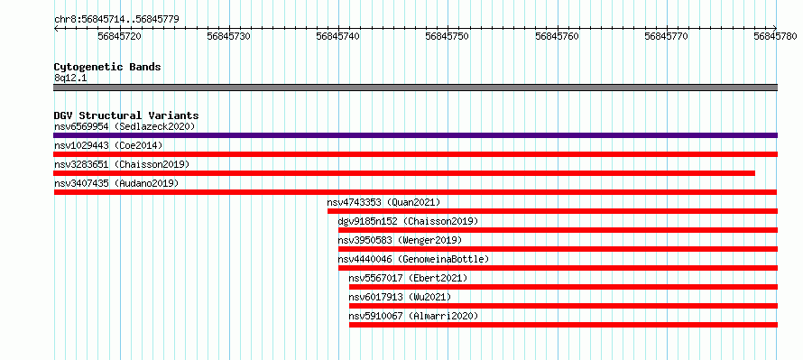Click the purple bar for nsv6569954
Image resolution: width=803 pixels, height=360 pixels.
pyautogui.click(x=415, y=135)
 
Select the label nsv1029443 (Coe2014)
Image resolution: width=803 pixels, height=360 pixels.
pyautogui.click(x=108, y=145)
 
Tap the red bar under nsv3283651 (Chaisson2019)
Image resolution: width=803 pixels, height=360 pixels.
pyautogui.click(x=404, y=173)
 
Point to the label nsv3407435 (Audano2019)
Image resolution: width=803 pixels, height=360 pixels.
pyautogui.click(x=116, y=183)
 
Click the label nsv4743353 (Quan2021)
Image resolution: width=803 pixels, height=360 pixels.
pyautogui.click(x=383, y=202)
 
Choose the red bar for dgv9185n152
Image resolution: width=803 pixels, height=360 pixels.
pyautogui.click(x=558, y=230)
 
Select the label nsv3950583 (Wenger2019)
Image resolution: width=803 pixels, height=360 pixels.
pyautogui.click(x=400, y=240)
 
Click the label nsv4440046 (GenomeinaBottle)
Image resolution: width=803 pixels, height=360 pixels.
pyautogui.click(x=413, y=259)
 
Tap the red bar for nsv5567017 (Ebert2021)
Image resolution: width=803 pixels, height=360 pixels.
pyautogui.click(x=563, y=287)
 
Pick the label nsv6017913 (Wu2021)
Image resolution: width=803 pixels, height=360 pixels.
pyautogui.click(x=400, y=297)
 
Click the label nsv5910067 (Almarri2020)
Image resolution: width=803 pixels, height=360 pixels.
pyautogui.click(x=413, y=316)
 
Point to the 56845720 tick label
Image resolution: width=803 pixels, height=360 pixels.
pyautogui.click(x=119, y=36)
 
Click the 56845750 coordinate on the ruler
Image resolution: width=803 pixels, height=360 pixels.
pyautogui.click(x=448, y=36)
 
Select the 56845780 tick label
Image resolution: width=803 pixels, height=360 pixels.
pyautogui.click(x=775, y=36)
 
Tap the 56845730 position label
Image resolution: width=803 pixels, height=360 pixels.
pyautogui.click(x=229, y=36)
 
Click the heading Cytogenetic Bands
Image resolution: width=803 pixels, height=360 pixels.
pyautogui.click(x=107, y=67)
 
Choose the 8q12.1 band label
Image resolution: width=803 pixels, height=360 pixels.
pyautogui.click(x=70, y=78)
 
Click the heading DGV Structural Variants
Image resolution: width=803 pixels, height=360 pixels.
pyautogui.click(x=126, y=115)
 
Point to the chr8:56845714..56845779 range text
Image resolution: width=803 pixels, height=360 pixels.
pyautogui.click(x=116, y=20)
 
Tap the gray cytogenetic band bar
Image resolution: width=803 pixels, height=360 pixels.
pyautogui.click(x=415, y=88)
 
